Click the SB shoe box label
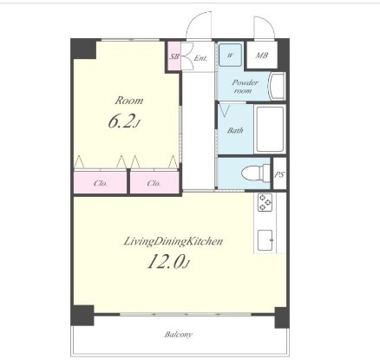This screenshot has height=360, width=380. click(x=174, y=56)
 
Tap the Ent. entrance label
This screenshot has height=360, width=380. click(x=200, y=58)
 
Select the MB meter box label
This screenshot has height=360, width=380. click(x=262, y=55)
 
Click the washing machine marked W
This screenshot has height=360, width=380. click(x=230, y=55)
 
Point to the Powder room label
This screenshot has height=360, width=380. click(x=245, y=86)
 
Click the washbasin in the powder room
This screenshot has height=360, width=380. click(x=278, y=86)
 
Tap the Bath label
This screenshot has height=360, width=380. click(x=235, y=130)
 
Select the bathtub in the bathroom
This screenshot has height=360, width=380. click(x=270, y=129)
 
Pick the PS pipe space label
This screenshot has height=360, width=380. click(x=279, y=174)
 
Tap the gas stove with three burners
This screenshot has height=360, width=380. click(x=265, y=202)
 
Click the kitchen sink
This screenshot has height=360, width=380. click(x=265, y=240)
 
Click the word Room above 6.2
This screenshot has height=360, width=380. click(x=129, y=101)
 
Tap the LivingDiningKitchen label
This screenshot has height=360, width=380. click(x=174, y=241)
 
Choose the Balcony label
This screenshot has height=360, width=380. click(x=178, y=335)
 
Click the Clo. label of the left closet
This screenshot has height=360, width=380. click(x=101, y=183)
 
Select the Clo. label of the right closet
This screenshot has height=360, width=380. click(x=154, y=183)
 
